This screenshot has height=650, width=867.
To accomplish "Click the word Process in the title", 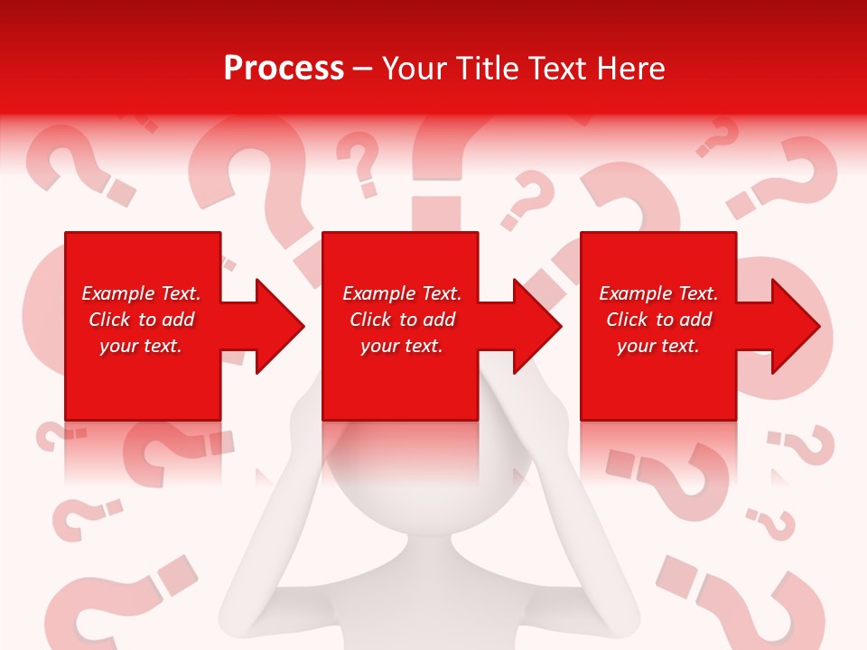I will (x=284, y=68).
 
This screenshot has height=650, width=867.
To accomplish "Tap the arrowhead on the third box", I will (x=794, y=326).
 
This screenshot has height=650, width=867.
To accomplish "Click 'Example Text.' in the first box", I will (x=141, y=293).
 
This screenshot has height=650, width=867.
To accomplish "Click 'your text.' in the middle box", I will (x=401, y=346).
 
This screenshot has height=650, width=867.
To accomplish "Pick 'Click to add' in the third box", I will (x=658, y=320).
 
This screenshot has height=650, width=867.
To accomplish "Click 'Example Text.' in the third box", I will (x=658, y=293).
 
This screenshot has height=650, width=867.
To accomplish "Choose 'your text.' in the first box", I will (x=141, y=346).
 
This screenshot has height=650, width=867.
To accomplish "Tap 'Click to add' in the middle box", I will (x=402, y=320).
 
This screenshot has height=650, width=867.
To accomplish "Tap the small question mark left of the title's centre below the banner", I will (x=362, y=162).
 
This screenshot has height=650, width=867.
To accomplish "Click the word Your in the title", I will (x=416, y=68).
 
